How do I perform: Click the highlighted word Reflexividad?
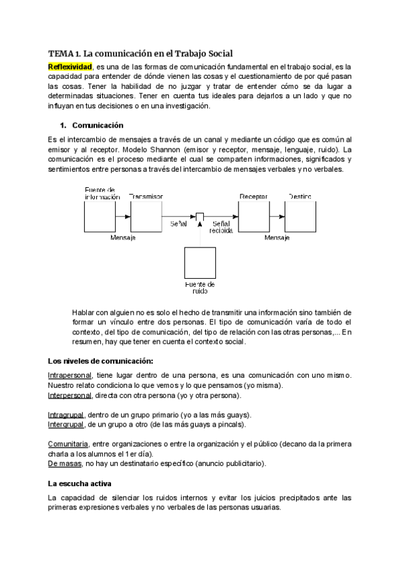70,67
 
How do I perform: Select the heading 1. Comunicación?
91,125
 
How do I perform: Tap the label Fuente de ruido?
200,288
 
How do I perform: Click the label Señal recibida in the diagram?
223,226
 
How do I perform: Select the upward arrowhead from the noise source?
200,225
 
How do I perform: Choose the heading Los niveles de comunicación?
100,361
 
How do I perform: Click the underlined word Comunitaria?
68,444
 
